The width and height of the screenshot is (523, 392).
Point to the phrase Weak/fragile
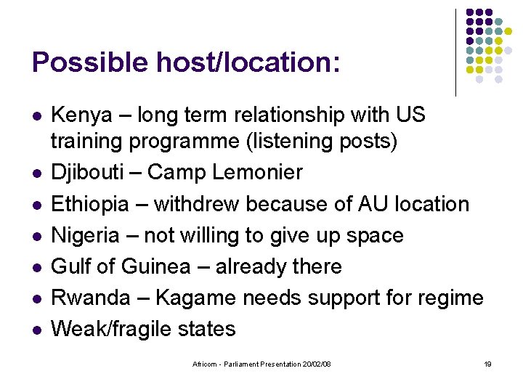tap(113, 329)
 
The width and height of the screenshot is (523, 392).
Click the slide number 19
tap(487, 364)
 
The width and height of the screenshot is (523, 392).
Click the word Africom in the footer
tap(206, 364)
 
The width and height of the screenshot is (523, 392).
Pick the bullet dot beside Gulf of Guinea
tap(36, 267)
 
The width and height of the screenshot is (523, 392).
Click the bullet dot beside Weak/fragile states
tap(36, 330)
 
